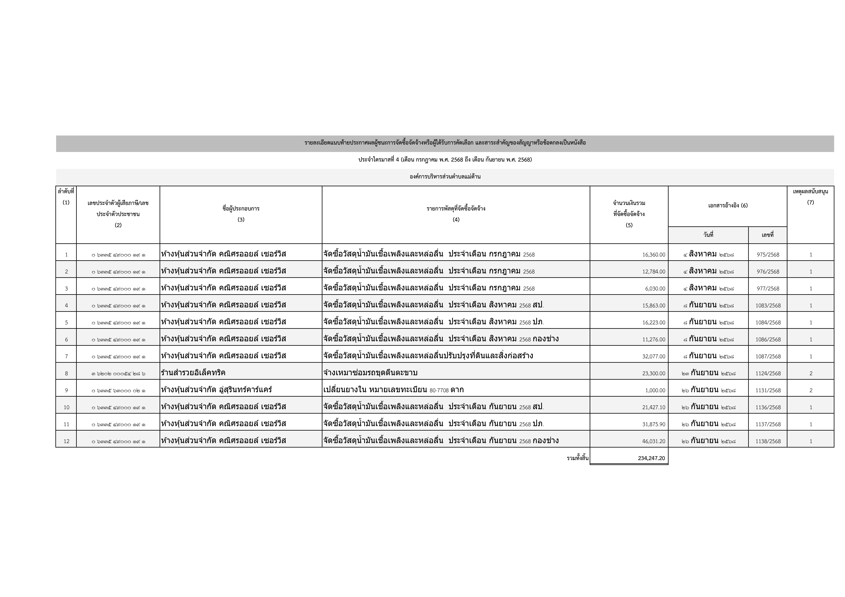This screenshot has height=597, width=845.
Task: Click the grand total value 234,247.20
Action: coord(651,458)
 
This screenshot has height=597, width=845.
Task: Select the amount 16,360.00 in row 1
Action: coord(654,255)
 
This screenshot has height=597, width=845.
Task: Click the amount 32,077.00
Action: coord(654,356)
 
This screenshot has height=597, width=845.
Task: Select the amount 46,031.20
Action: coord(654,441)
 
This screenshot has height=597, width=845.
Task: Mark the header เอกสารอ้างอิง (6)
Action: coord(728,206)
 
